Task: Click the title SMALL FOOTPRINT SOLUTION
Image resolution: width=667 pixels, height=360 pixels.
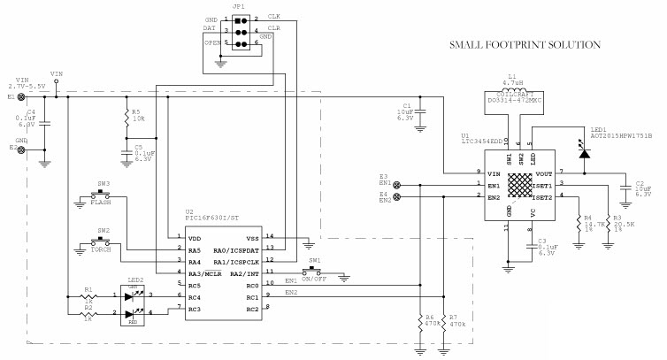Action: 525,44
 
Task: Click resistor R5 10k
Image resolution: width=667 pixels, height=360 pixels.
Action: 126,116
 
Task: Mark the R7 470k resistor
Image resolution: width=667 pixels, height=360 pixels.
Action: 442,324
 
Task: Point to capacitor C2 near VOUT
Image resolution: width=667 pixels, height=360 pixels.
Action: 626,188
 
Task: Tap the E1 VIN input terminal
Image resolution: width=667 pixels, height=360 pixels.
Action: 20,98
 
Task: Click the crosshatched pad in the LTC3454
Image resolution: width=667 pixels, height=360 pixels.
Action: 520,186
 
